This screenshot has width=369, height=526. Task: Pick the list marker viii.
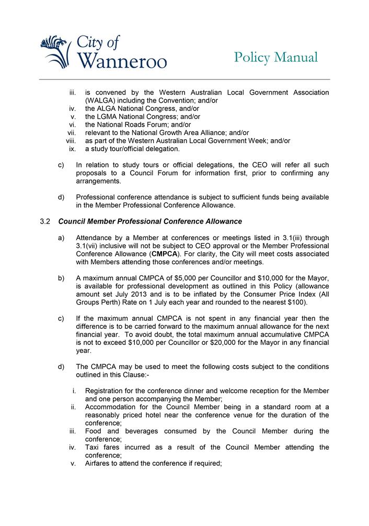72,141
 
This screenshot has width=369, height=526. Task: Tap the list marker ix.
73,149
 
